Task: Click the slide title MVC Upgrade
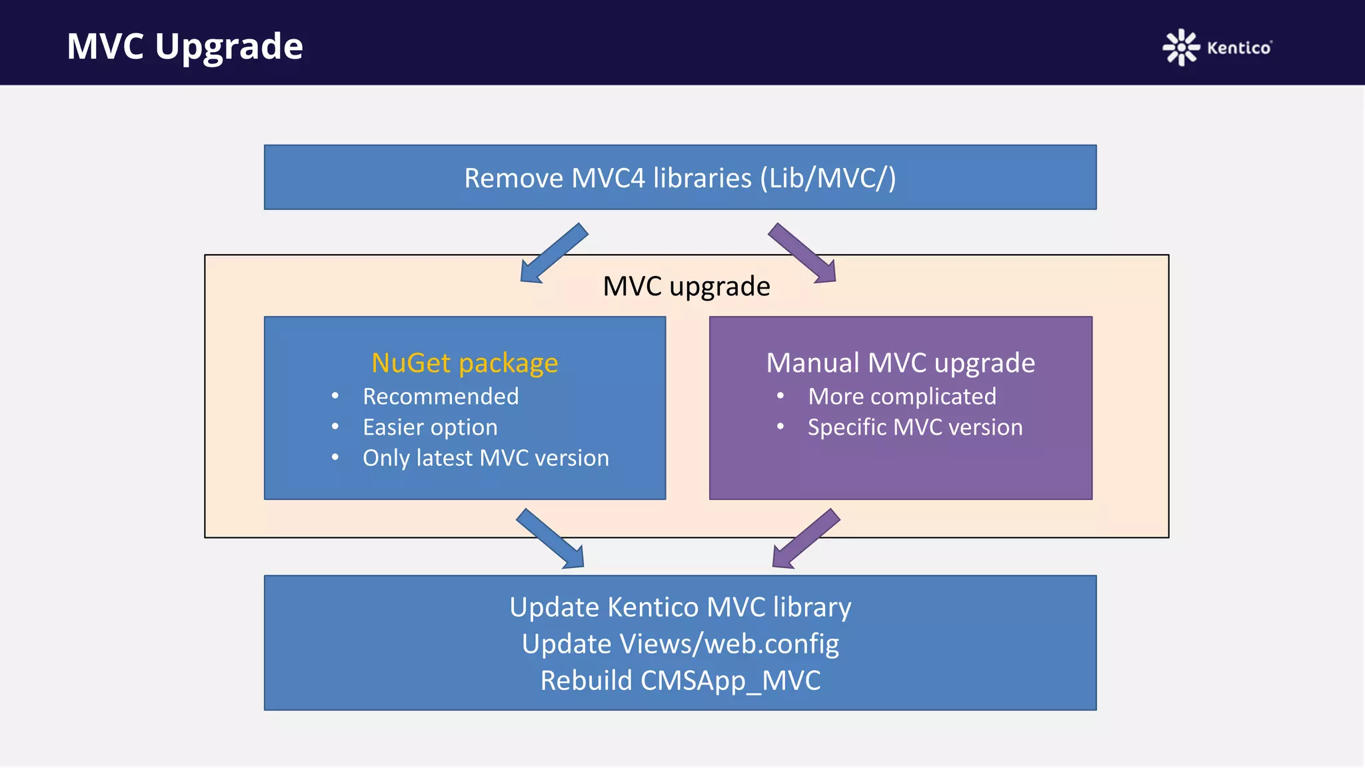coord(185,46)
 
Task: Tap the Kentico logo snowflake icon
coord(1180,47)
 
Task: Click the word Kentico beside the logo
coord(1238,48)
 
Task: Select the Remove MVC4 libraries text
coord(680,178)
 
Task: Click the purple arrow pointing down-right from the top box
coord(802,253)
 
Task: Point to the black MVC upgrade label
coord(686,286)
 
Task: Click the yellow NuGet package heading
coord(465,363)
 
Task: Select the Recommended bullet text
coord(441,397)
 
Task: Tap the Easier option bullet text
coord(430,427)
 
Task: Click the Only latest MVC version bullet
coord(485,458)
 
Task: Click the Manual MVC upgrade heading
coord(900,363)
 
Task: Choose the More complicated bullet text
coord(902,397)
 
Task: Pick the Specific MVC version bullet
coord(914,427)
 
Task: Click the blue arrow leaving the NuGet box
coord(551,539)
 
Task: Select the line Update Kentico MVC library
coord(680,607)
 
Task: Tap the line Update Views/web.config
coord(680,644)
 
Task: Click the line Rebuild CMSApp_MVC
coord(680,681)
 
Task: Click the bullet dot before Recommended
coord(335,396)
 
